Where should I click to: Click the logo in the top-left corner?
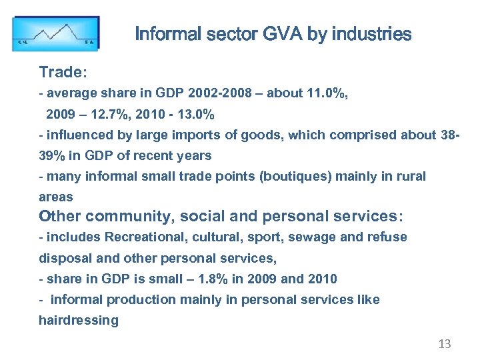click(56, 33)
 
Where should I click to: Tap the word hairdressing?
click(78, 320)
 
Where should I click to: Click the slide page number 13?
click(445, 344)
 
